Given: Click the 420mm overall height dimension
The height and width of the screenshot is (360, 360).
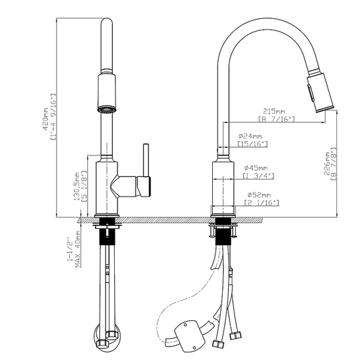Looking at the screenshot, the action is pos(45,119).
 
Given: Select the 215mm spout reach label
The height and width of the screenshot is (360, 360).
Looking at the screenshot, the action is pos(274,111).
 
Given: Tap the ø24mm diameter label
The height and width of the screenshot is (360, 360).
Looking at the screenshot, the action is pos(250,136).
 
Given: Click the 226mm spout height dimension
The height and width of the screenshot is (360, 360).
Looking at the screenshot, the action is pos(327,163).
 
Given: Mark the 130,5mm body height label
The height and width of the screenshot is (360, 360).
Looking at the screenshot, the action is pos(76,186).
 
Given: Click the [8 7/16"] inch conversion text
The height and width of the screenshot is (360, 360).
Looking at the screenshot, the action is pos(277,120).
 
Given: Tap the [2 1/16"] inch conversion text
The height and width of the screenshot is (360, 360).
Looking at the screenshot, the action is pos(262,203).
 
